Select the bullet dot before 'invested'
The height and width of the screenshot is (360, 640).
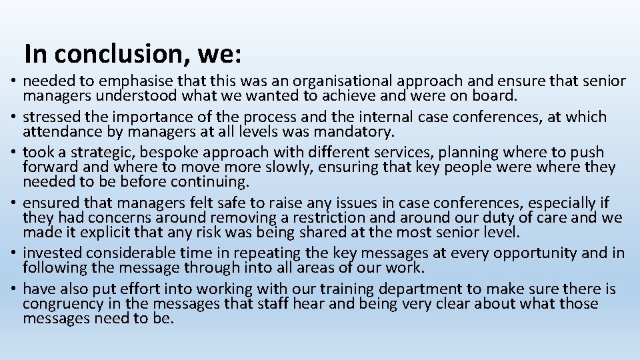(13, 254)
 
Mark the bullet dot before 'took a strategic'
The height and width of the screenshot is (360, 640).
(13, 153)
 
